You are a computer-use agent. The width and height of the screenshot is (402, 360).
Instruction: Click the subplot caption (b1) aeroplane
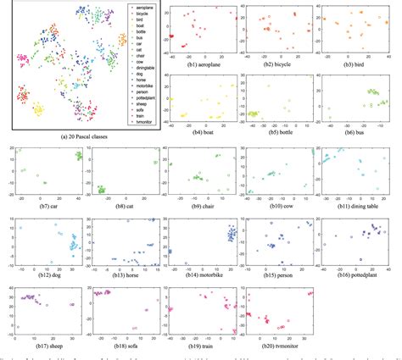point(196,64)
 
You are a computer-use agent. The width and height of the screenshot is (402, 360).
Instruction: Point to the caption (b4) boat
point(196,132)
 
